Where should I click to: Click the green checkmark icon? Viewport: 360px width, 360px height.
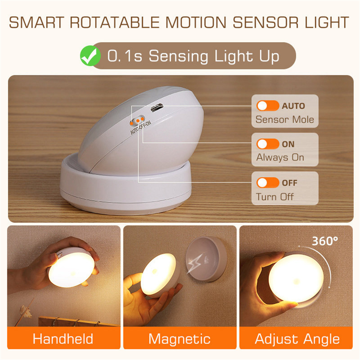(90, 57)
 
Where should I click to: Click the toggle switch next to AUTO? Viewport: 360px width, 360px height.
(267, 106)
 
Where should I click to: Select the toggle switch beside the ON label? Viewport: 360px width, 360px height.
(267, 144)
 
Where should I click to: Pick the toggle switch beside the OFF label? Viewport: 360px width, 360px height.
(267, 183)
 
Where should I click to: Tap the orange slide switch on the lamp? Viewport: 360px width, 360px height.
(138, 119)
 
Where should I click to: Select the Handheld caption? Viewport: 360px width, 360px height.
(63, 339)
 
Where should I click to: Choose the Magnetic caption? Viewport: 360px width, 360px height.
(179, 339)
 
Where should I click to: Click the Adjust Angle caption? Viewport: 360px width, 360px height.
(297, 339)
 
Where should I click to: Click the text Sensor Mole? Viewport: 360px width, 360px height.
(284, 120)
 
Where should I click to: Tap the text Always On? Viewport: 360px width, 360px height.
(280, 158)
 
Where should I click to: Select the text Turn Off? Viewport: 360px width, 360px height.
(275, 197)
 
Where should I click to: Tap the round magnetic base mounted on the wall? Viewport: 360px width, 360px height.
(205, 258)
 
